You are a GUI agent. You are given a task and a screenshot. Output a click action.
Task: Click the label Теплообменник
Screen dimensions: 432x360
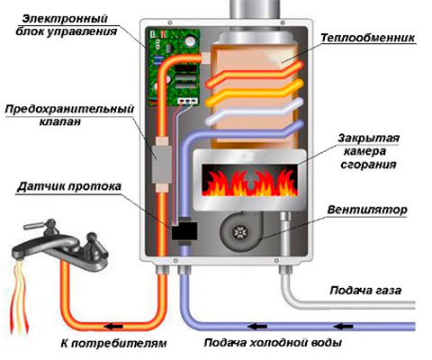point(367,38)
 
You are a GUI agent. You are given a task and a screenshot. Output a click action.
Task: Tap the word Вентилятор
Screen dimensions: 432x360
point(367,210)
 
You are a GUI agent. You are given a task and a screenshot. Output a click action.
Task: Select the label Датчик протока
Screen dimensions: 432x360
point(69,186)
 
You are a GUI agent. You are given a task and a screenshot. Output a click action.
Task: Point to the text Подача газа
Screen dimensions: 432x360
point(365,291)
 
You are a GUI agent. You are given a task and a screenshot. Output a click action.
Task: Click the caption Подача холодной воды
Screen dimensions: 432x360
point(273,342)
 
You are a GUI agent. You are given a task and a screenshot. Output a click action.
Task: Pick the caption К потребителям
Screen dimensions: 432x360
point(113,343)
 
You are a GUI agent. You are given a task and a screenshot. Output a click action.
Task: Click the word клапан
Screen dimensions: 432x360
point(60,122)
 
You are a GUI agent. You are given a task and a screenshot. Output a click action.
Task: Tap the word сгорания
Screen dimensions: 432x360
point(368,165)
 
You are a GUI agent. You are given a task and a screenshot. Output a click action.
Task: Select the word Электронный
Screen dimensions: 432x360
point(65,19)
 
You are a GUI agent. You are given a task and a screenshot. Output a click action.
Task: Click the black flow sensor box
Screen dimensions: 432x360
point(184,231)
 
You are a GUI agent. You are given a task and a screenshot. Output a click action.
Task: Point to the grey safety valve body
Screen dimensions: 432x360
point(162,164)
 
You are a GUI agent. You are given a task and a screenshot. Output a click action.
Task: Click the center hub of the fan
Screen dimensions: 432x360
point(240,231)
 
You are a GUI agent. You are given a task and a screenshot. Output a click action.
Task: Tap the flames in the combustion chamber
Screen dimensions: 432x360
point(249,182)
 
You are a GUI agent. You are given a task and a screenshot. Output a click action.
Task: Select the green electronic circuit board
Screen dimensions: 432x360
point(174,67)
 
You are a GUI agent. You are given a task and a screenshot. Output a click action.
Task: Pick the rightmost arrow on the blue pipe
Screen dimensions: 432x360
point(344,326)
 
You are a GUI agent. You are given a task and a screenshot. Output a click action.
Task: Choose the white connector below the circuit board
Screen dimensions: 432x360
point(188,101)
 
